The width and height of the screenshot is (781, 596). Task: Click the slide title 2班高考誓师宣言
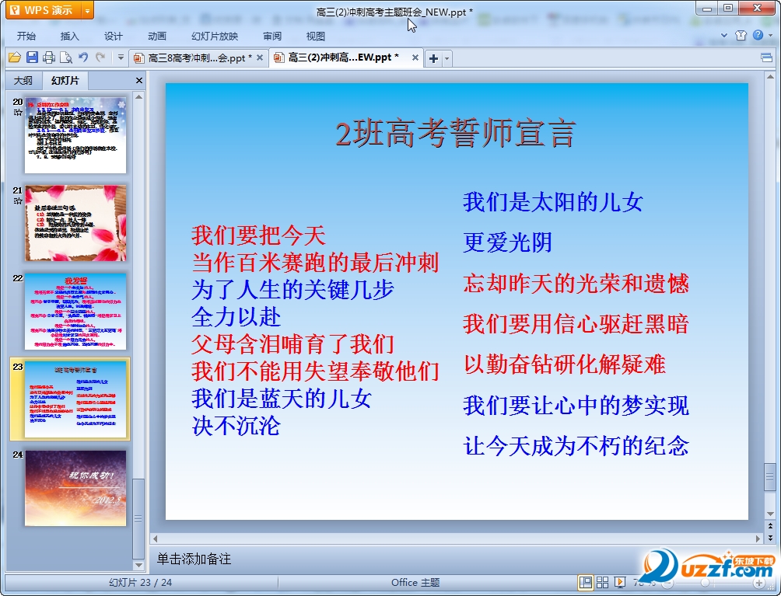tap(456, 134)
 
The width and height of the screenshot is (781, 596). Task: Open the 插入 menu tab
tap(70, 36)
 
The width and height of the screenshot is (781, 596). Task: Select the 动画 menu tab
tap(156, 36)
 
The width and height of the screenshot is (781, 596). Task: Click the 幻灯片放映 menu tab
tap(215, 36)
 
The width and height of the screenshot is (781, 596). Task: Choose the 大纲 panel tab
tap(23, 81)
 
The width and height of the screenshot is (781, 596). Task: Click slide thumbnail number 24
tap(75, 488)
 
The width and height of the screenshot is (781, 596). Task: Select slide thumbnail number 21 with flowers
tap(75, 222)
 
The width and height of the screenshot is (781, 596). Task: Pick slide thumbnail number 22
tap(75, 311)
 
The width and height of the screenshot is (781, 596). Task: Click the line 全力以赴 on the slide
tap(236, 317)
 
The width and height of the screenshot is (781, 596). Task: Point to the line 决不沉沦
tap(236, 426)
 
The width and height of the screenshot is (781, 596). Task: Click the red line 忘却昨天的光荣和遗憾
tap(576, 284)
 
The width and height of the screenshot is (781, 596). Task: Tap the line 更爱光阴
tap(507, 243)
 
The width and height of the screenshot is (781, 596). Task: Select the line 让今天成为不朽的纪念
tap(576, 446)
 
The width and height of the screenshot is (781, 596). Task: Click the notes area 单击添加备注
tap(194, 559)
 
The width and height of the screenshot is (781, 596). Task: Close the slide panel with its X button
tap(139, 81)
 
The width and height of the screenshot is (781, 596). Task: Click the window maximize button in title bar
tap(728, 8)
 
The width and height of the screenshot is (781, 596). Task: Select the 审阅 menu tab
tap(272, 36)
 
